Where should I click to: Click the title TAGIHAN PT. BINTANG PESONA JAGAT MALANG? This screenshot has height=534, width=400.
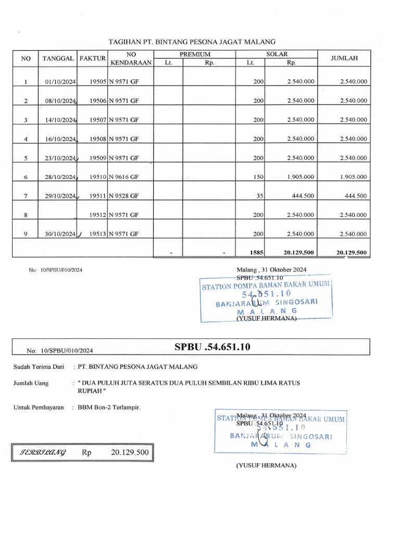(192, 41)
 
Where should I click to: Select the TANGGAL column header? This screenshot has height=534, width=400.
(58, 58)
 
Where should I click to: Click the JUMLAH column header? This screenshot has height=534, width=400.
(344, 58)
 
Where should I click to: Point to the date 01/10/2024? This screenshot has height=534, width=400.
(60, 82)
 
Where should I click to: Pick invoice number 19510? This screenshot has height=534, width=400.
(98, 177)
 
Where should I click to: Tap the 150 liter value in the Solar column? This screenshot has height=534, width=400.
(258, 177)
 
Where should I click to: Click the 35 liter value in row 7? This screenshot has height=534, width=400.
(260, 196)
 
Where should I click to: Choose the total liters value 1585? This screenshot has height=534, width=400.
(257, 252)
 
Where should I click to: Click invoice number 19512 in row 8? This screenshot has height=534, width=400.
(98, 215)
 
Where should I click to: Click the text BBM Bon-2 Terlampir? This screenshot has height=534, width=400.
(109, 407)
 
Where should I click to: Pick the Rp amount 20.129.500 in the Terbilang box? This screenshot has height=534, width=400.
(130, 453)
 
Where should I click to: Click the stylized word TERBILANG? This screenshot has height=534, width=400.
(43, 453)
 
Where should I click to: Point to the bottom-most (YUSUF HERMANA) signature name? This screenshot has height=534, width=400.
(266, 466)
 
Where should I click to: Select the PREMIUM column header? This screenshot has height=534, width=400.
(195, 54)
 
